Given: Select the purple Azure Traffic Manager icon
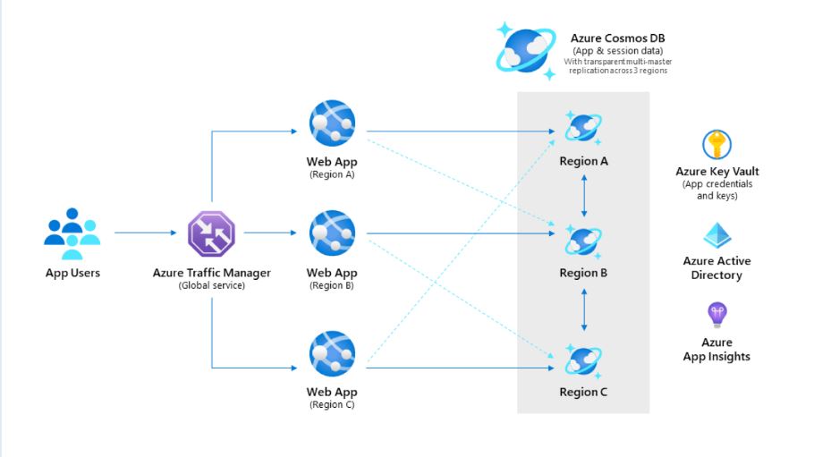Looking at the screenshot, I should pos(211,233).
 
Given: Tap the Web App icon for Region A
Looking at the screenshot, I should pos(332,123).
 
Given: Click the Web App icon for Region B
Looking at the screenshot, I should pos(332,233).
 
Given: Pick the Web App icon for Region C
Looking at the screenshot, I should pos(332,354).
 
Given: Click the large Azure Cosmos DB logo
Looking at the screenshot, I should pos(528,50).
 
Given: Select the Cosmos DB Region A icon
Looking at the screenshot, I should pos(583,128).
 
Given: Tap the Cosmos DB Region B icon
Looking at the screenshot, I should pos(583,241).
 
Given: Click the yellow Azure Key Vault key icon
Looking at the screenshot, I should pos(716,144).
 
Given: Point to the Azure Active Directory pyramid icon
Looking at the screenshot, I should pos(716,235).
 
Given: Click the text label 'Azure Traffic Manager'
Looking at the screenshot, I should pos(211,273).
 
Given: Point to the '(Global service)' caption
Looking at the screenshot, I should pos(211,285).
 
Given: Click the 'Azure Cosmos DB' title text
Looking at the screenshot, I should pos(617,38).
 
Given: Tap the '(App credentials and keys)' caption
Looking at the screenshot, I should pos(716,190).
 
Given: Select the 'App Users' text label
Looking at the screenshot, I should pos(72,273).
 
